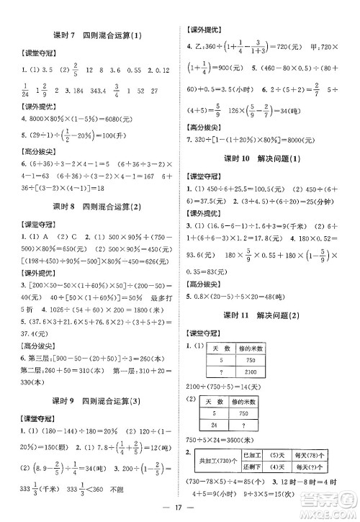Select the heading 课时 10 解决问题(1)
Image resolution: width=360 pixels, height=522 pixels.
click(266, 158)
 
